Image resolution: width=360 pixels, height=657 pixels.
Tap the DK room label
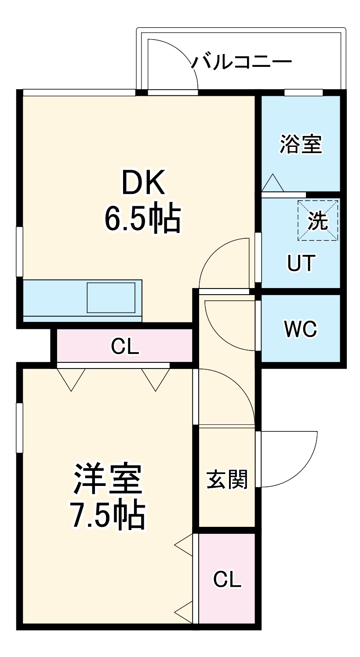[x=143, y=183]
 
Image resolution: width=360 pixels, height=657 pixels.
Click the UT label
[x=301, y=263]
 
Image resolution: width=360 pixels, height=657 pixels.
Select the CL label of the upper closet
[x=125, y=347]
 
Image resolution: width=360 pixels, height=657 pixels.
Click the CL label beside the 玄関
[x=227, y=580]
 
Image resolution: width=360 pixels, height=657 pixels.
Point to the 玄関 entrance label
[x=227, y=479]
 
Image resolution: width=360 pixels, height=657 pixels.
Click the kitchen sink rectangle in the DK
[x=111, y=298]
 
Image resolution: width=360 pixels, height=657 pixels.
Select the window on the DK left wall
[x=19, y=252]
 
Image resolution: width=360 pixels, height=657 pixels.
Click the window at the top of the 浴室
[x=303, y=93]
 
